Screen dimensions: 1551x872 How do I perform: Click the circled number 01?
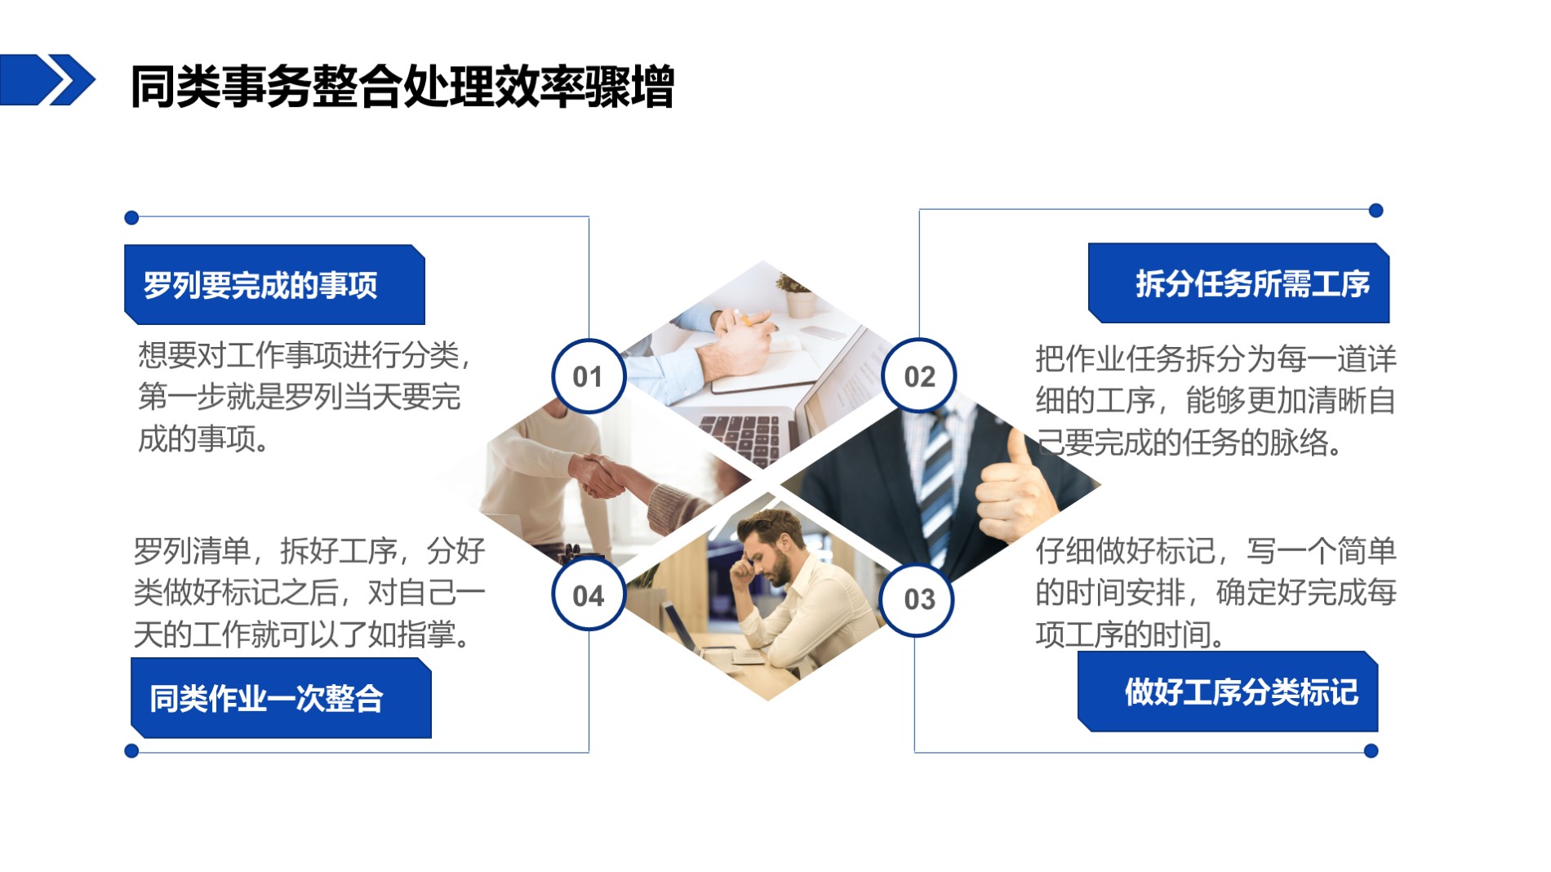[589, 376]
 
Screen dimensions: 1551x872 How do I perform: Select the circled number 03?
[918, 599]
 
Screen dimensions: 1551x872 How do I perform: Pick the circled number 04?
[589, 594]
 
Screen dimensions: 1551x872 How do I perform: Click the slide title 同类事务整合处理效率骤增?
[402, 86]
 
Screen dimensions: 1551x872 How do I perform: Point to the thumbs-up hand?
[1012, 490]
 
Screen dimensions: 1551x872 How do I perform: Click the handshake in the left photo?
[600, 476]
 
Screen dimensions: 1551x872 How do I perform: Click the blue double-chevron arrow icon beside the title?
[47, 80]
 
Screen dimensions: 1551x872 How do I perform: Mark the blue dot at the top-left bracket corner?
[131, 218]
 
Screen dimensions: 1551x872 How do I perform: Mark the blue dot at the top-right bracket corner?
[1375, 211]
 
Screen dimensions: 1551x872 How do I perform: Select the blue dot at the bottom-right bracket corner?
[1371, 751]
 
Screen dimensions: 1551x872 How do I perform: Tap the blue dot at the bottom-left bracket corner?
[131, 751]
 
